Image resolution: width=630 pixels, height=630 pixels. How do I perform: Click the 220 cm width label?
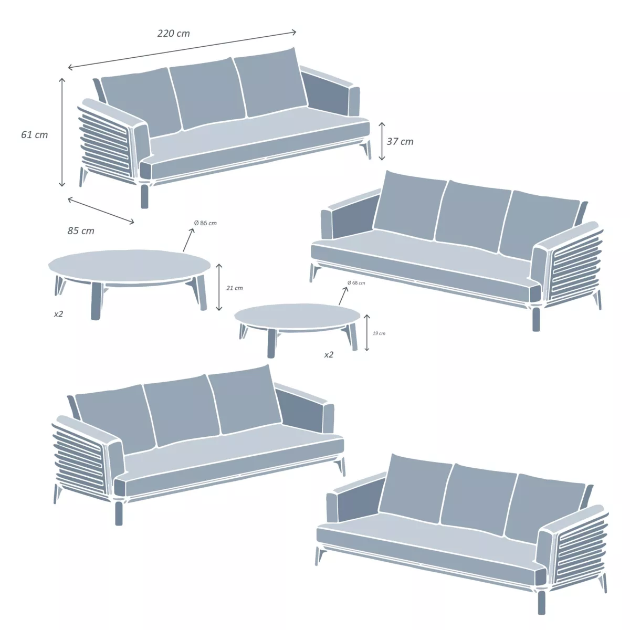(173, 34)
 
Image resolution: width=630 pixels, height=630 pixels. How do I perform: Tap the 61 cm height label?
(34, 135)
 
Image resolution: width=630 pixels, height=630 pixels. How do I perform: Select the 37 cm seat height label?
(400, 142)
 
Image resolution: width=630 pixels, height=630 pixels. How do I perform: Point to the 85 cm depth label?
(81, 231)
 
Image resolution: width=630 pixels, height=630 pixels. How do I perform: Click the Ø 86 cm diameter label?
(205, 223)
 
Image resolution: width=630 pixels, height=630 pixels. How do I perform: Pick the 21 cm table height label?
(235, 288)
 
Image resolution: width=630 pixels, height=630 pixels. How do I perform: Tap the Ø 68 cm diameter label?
(356, 283)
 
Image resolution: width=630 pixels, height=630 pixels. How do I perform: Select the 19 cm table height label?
(379, 333)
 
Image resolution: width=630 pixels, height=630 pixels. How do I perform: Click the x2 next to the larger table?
(58, 314)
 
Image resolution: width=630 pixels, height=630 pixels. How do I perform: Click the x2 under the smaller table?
(329, 355)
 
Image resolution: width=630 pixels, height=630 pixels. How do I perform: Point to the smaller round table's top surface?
(297, 316)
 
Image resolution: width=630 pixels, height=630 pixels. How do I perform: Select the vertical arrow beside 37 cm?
(382, 141)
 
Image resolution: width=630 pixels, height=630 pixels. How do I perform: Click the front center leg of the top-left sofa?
(144, 195)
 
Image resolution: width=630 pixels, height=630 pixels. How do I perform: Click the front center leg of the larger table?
(96, 301)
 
